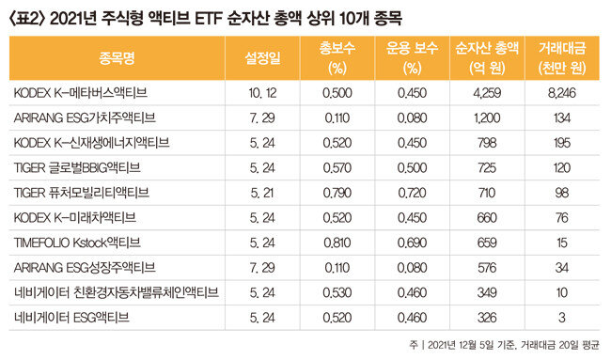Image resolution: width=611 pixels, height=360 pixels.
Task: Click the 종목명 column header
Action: [117, 58]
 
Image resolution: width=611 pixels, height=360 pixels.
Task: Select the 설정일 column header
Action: [262, 58]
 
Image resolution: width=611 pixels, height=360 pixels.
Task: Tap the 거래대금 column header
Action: [562, 58]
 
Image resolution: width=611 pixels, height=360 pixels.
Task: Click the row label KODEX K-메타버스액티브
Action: [80, 93]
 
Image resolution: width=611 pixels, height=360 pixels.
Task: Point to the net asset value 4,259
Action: [487, 93]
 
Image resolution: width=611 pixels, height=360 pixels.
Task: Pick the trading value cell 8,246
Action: [562, 93]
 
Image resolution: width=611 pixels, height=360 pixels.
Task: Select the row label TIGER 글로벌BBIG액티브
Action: [77, 167]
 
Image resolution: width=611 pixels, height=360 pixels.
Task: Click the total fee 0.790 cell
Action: [337, 193]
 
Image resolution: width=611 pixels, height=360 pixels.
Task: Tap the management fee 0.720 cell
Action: [412, 193]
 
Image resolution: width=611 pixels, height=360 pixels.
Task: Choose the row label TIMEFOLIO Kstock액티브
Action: [77, 243]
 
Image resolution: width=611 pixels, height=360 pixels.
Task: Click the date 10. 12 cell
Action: [262, 93]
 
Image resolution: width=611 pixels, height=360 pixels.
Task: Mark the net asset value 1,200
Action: [487, 117]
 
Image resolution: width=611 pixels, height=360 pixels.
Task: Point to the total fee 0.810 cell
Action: [337, 243]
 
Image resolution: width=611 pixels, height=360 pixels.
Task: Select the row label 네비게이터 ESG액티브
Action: [71, 318]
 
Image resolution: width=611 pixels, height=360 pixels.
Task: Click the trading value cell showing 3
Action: [562, 318]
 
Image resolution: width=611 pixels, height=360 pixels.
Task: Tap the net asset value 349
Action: [487, 292]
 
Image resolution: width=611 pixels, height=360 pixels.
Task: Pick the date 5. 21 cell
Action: [262, 193]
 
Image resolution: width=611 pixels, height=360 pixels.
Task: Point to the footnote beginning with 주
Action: [504, 345]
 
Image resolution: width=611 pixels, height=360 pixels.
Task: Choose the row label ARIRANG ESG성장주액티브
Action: [85, 268]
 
